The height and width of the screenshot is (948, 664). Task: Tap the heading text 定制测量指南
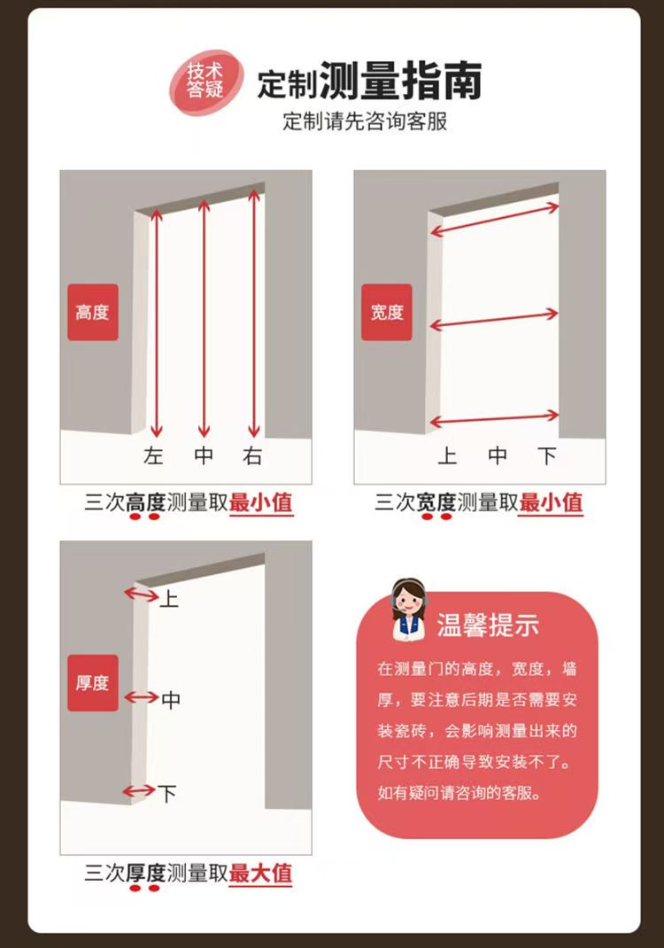[369, 82]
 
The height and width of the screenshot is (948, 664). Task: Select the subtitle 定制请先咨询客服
[365, 121]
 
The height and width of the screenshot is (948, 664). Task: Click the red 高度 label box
[93, 313]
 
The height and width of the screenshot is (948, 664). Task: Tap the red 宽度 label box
[387, 313]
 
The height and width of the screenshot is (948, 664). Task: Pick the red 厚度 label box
[93, 683]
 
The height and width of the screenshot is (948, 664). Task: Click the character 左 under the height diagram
[154, 456]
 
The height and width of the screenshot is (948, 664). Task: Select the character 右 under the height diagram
[253, 456]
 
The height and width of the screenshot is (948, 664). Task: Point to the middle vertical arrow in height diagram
[205, 319]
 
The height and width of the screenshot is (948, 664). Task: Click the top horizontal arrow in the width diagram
[494, 220]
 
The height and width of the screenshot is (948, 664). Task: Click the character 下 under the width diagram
[548, 456]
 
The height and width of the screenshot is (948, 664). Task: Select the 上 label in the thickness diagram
[169, 600]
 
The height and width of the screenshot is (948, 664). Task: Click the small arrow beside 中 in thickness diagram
[141, 698]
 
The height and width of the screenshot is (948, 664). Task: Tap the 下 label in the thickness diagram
[167, 793]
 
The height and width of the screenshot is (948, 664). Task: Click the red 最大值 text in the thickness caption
[260, 873]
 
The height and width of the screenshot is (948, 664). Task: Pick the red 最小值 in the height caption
[260, 503]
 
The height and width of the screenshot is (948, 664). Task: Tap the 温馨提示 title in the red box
[488, 625]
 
